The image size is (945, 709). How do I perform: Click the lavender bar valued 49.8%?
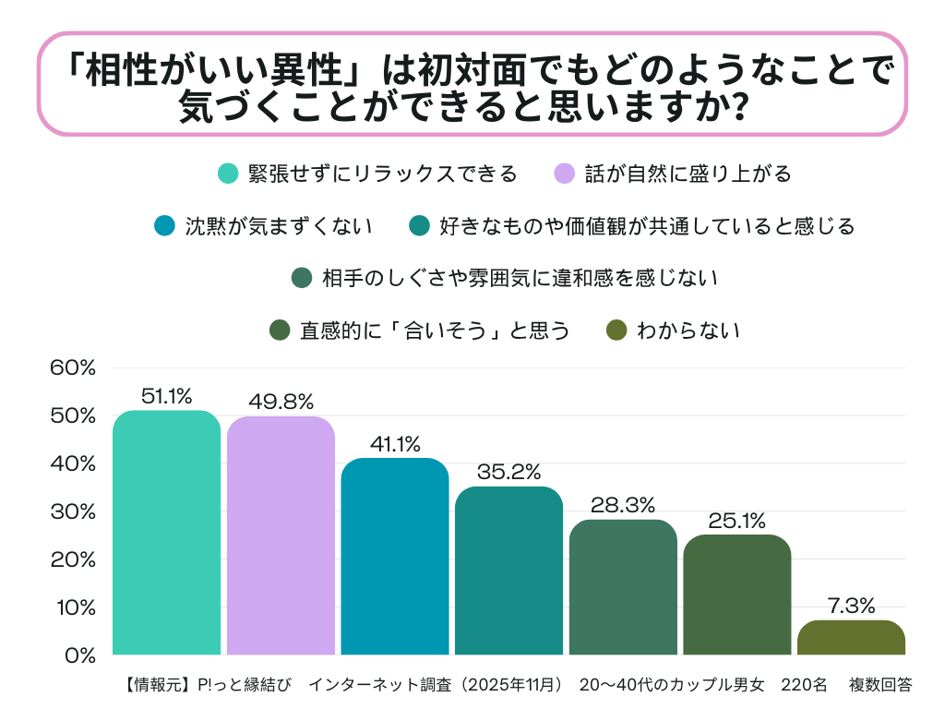pyautogui.click(x=281, y=535)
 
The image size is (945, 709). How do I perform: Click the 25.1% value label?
pyautogui.click(x=736, y=520)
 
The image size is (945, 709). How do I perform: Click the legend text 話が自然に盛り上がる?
pyautogui.click(x=688, y=174)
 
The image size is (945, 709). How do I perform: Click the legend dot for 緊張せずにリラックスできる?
pyautogui.click(x=228, y=174)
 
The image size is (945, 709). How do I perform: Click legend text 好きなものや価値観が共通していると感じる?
pyautogui.click(x=647, y=226)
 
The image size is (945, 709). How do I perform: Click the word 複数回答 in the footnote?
pyautogui.click(x=880, y=685)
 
